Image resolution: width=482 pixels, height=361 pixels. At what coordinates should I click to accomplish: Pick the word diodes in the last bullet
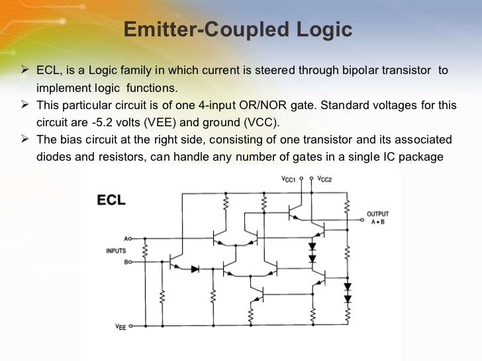click(x=56, y=157)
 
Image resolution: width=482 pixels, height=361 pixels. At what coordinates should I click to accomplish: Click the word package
click(x=417, y=157)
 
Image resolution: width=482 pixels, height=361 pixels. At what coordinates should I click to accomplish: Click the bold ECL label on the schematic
click(x=112, y=200)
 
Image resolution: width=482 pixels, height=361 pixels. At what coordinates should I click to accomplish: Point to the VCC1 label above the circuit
click(x=289, y=179)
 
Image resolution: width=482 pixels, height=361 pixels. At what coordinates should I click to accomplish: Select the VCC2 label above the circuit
click(x=325, y=179)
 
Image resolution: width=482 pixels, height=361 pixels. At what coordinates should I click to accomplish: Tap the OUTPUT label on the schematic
click(x=378, y=214)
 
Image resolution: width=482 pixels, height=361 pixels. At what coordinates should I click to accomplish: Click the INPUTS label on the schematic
click(x=115, y=251)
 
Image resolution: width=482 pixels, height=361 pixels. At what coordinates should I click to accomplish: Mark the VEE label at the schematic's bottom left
click(x=120, y=326)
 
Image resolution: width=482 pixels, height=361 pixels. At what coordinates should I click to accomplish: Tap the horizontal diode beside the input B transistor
click(x=195, y=269)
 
